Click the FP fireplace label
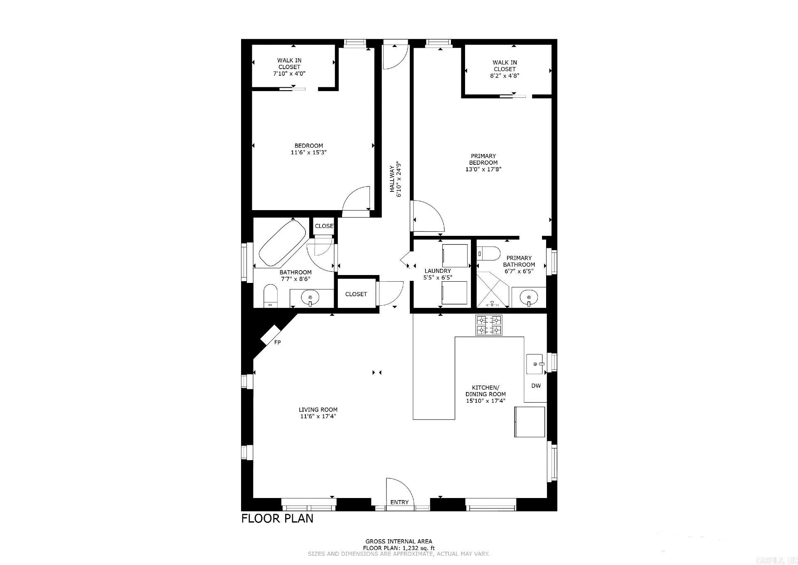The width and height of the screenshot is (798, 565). click(x=277, y=342)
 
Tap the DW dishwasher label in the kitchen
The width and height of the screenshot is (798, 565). click(x=536, y=386)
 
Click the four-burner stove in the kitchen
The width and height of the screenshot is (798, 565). click(x=489, y=325)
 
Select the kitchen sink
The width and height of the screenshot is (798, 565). click(x=534, y=364)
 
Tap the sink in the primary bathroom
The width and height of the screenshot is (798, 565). click(x=529, y=298)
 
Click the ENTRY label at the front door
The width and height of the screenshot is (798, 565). click(x=399, y=502)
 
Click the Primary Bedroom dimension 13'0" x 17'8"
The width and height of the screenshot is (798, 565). click(x=483, y=169)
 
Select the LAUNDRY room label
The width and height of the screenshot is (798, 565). click(x=438, y=271)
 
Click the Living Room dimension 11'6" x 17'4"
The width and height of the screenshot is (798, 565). click(x=318, y=416)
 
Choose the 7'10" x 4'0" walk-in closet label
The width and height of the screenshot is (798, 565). click(x=289, y=73)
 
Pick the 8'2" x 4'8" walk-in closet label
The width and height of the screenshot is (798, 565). click(x=505, y=76)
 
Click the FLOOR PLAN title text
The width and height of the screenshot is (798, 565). click(x=277, y=518)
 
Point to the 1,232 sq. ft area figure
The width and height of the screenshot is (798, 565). click(x=417, y=548)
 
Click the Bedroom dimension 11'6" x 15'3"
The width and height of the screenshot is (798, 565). click(x=308, y=152)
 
